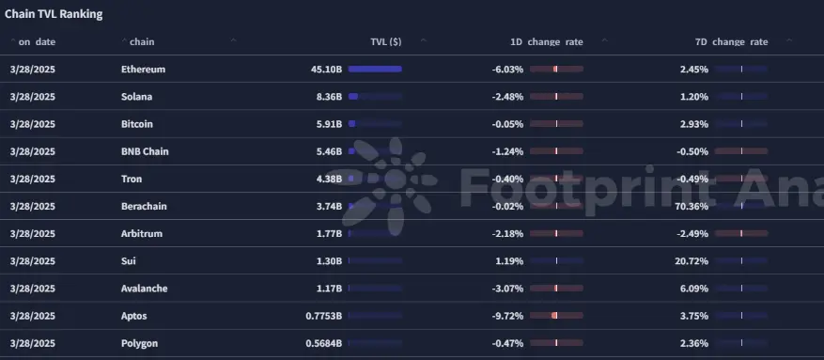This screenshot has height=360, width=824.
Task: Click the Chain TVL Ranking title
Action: [54, 14]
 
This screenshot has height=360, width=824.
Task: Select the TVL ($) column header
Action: [386, 41]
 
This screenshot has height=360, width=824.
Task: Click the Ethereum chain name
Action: [143, 70]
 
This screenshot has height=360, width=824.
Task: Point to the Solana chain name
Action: [136, 97]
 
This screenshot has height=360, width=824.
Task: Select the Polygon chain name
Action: [139, 344]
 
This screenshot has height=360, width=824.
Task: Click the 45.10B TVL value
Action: [326, 70]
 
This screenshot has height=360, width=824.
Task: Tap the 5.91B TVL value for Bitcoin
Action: [329, 124]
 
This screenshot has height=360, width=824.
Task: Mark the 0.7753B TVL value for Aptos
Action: [324, 317]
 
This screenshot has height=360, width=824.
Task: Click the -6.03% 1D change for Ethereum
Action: [507, 70]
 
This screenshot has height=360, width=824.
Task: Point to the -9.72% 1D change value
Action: [507, 317]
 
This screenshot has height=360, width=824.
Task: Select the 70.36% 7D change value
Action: [691, 207]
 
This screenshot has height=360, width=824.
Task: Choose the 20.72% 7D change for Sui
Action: [691, 261]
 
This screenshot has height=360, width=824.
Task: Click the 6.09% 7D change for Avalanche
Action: [694, 290]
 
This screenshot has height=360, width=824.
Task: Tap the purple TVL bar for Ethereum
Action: [374, 70]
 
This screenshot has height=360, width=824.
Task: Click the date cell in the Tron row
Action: [32, 180]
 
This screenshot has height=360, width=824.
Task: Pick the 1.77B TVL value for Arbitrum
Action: [329, 234]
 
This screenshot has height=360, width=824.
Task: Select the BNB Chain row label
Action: [145, 151]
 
